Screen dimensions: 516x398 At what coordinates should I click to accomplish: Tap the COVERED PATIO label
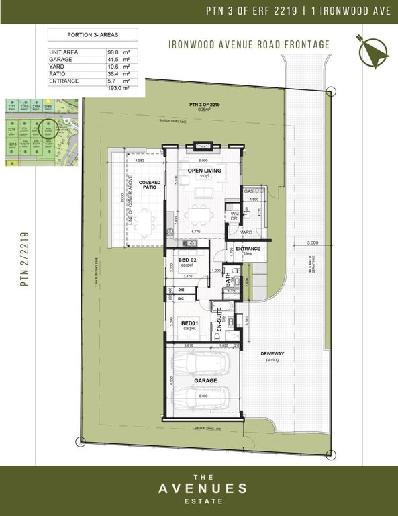tap(149, 185)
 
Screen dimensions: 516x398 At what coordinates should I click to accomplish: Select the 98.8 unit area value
tap(113, 52)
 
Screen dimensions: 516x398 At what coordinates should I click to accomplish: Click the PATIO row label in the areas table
tap(57, 74)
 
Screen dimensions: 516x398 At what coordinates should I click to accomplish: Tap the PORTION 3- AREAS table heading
tap(93, 34)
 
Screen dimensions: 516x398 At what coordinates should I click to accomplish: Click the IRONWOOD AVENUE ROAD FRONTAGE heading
tap(250, 45)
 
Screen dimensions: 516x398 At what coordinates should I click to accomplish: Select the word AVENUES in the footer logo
tap(199, 488)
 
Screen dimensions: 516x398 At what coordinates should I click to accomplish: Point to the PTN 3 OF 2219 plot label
tap(203, 105)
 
